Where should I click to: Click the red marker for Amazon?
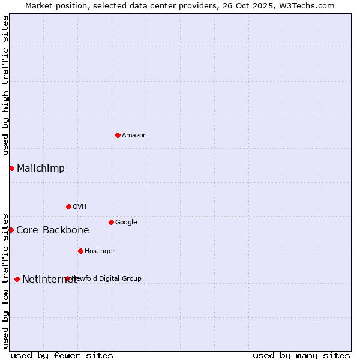coord(118,135)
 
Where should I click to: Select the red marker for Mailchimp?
coord(11,168)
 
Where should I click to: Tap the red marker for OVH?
coord(68,206)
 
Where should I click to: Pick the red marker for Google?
coord(111,222)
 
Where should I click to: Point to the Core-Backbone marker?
coord(11,230)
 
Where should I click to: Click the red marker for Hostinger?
coord(80,251)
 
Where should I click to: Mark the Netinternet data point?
coord(17,279)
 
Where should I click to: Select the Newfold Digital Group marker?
coord(67,278)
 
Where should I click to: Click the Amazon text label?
coord(134,136)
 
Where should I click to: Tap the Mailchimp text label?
coord(41,168)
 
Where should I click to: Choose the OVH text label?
coord(80,207)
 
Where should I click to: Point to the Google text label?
coord(126,223)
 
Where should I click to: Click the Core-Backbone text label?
coord(53,230)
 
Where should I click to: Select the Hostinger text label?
coord(100,251)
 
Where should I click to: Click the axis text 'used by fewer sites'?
coord(62,355)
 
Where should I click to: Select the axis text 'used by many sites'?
coord(301,355)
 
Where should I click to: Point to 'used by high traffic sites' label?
coord(5,85)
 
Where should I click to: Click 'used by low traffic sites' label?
coord(5,280)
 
